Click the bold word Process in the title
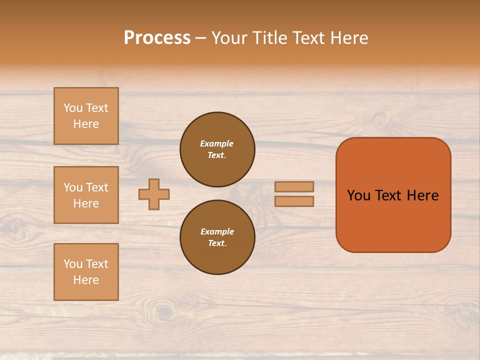pyautogui.click(x=157, y=38)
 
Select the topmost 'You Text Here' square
pyautogui.click(x=86, y=116)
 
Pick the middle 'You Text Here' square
pyautogui.click(x=86, y=195)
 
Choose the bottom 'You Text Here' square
pyautogui.click(x=86, y=272)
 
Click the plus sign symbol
pyautogui.click(x=154, y=194)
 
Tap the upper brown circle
pyautogui.click(x=217, y=149)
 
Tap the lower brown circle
pyautogui.click(x=217, y=237)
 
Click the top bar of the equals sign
pyautogui.click(x=294, y=186)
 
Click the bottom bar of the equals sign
pyautogui.click(x=294, y=201)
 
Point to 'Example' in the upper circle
pyautogui.click(x=217, y=143)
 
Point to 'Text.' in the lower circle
pyautogui.click(x=217, y=243)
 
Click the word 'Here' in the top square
pyautogui.click(x=86, y=124)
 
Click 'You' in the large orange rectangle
pyautogui.click(x=358, y=195)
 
